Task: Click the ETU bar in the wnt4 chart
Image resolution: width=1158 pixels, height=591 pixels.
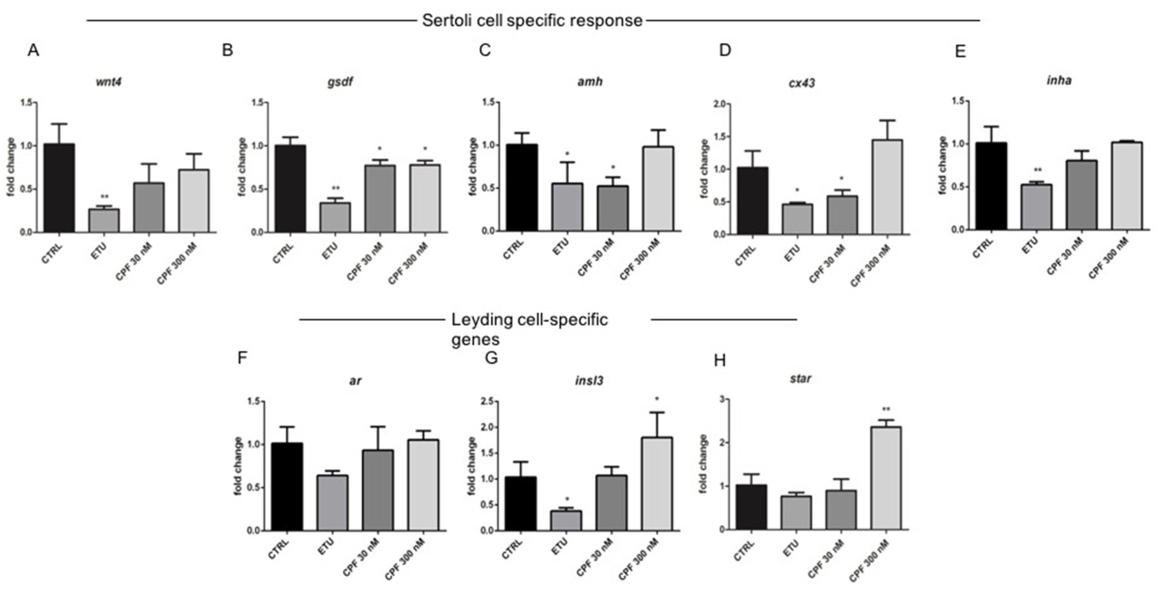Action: [104, 220]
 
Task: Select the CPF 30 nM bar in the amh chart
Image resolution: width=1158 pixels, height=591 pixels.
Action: [613, 208]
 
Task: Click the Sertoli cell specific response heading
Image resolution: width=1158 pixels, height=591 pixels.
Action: [532, 21]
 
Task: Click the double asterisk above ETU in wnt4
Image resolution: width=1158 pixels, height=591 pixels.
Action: [104, 197]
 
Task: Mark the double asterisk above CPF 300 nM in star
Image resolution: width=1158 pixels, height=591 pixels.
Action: [886, 409]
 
